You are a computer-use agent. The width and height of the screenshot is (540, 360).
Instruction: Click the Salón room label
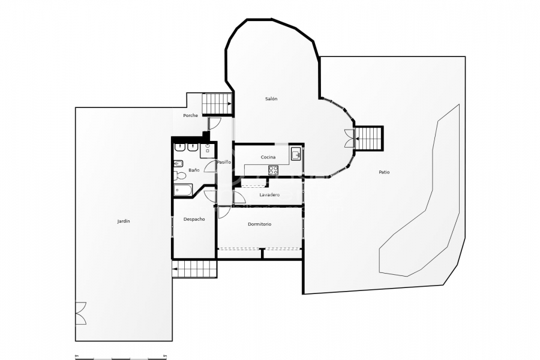[x=271, y=98]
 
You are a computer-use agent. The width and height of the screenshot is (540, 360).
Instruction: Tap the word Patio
[x=384, y=172]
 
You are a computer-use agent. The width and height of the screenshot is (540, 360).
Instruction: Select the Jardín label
[x=124, y=221]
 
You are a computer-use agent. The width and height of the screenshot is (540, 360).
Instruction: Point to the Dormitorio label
[x=259, y=224]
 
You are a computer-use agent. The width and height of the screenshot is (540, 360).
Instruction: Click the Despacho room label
[x=194, y=219]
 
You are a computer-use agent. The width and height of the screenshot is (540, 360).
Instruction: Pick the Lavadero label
[x=269, y=195]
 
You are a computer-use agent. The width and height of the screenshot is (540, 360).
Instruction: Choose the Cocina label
[x=268, y=157]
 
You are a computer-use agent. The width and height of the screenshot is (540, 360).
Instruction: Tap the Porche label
[x=190, y=115]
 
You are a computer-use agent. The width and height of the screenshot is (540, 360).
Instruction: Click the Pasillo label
[x=224, y=162]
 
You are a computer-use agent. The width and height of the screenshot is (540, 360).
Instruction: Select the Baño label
[x=194, y=170]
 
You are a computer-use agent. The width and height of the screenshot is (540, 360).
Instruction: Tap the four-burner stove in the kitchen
[x=274, y=170]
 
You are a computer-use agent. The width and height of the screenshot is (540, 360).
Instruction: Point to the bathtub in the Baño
[x=182, y=191]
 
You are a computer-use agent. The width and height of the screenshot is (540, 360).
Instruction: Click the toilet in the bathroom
[x=178, y=176]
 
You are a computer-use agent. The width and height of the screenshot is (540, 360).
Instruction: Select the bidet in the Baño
[x=178, y=163]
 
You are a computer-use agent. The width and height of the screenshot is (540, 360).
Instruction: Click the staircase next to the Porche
[x=217, y=104]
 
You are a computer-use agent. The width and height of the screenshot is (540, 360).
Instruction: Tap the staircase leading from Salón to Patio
[x=369, y=139]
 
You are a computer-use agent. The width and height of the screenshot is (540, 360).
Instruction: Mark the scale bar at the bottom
[x=121, y=358]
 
